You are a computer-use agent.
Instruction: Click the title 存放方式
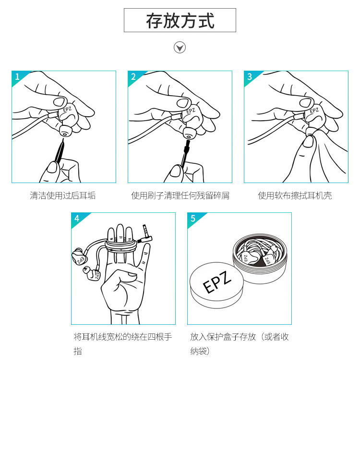[180, 21]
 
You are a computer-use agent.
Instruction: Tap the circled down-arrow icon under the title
[180, 48]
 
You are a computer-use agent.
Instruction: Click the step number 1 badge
[17, 76]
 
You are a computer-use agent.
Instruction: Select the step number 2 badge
[133, 76]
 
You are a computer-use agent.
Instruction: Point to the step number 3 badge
[250, 76]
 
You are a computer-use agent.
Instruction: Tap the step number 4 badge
[77, 218]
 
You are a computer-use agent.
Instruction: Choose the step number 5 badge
[193, 218]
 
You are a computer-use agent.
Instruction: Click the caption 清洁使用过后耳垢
[62, 196]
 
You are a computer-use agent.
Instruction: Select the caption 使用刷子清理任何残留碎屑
[180, 196]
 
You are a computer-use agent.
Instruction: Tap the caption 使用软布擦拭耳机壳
[295, 196]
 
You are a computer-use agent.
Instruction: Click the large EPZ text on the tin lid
[217, 282]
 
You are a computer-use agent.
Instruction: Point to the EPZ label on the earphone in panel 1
[67, 110]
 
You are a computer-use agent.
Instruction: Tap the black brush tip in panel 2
[187, 147]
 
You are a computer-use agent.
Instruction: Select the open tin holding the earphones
[260, 258]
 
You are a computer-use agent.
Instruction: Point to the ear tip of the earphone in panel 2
[189, 133]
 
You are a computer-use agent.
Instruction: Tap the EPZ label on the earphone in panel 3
[314, 111]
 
